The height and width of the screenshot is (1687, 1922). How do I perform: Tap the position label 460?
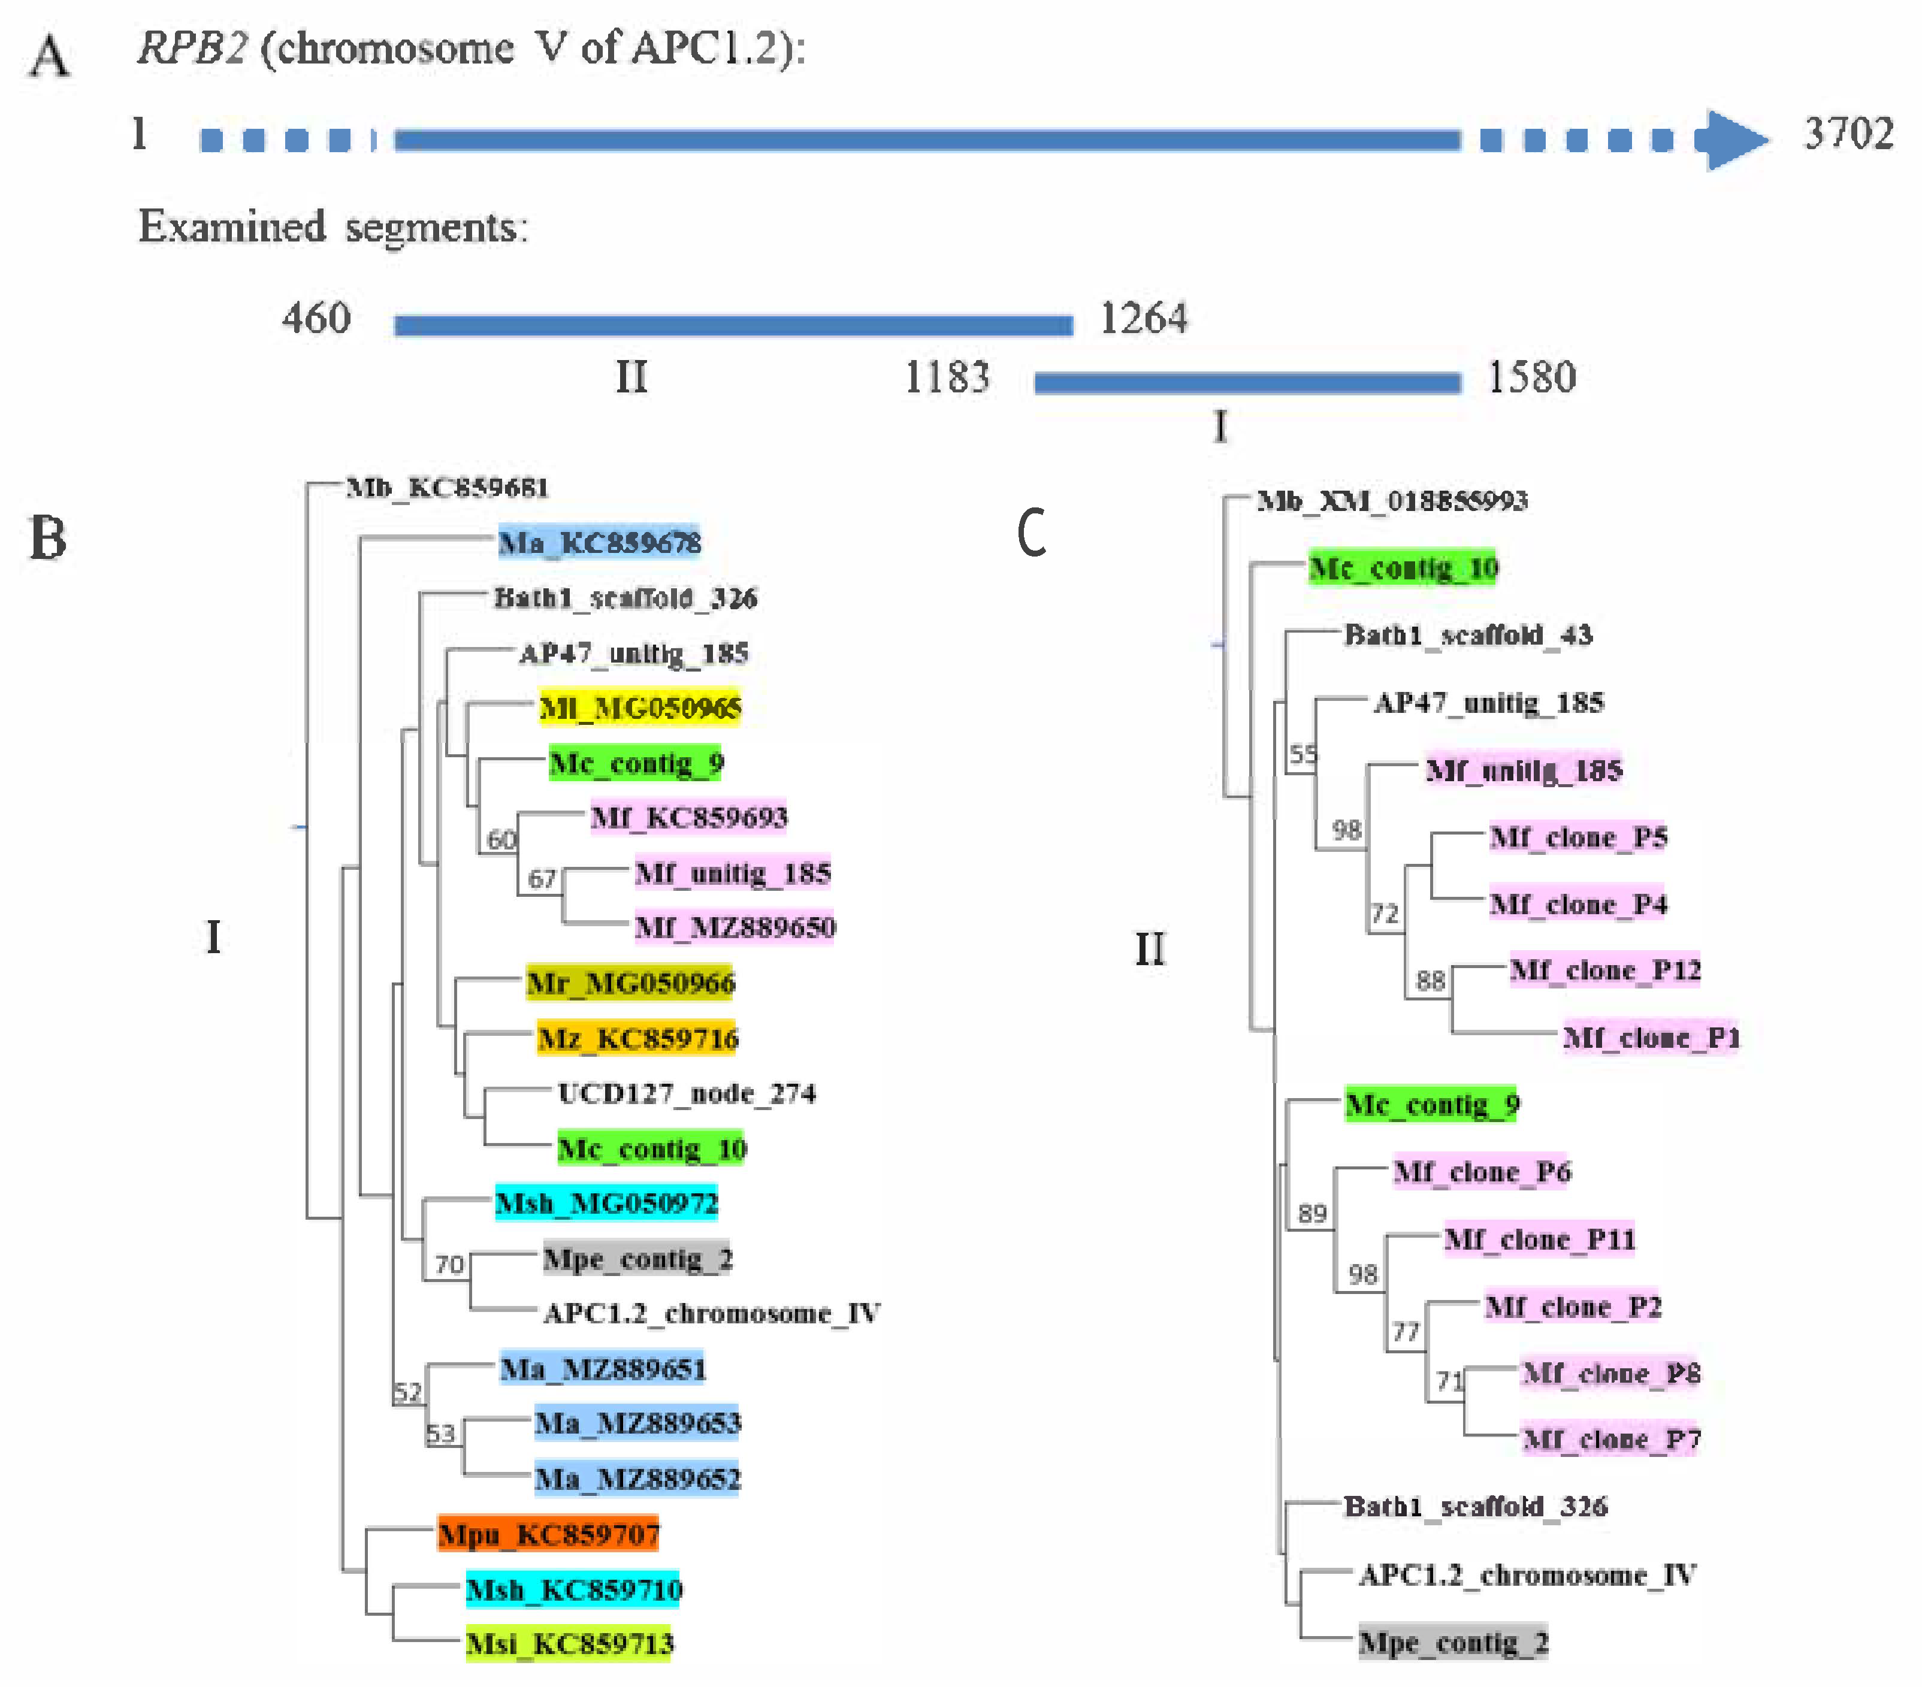(317, 318)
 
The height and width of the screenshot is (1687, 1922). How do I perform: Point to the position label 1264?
(1143, 318)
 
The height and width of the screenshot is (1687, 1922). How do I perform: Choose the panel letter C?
(1032, 533)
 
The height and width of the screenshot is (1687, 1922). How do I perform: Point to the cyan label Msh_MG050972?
(606, 1203)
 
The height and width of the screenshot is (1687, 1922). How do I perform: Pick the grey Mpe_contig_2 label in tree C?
(1453, 1643)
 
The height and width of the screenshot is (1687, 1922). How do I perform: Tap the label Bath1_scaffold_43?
(1468, 635)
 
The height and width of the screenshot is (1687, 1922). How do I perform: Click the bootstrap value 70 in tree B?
(449, 1264)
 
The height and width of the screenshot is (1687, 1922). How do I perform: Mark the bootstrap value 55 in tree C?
(1303, 754)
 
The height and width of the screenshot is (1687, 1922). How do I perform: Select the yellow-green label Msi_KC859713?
(570, 1644)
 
